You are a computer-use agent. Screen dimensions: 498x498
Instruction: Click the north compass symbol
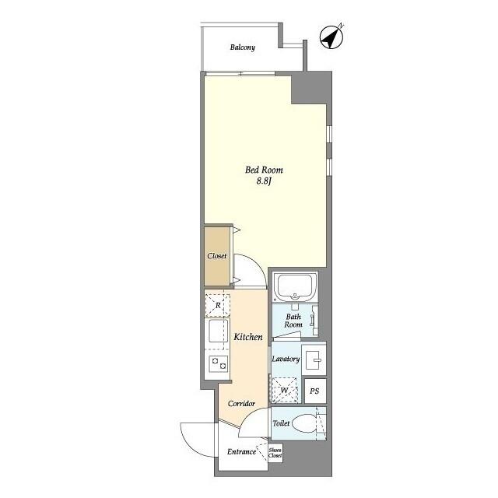tap(331, 37)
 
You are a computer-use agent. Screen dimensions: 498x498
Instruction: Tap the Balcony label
tap(243, 47)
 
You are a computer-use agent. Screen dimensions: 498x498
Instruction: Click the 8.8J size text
tap(265, 181)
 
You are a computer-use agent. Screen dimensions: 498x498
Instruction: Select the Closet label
tap(217, 256)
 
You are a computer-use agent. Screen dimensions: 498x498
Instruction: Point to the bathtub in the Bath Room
tap(295, 286)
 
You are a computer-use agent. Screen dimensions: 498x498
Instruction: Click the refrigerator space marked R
tap(218, 305)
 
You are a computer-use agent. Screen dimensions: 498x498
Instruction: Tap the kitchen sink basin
tap(218, 331)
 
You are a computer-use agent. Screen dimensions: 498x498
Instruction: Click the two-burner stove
tap(219, 363)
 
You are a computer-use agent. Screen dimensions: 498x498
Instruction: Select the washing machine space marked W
tap(285, 390)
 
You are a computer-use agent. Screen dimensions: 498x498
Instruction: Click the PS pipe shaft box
tap(314, 391)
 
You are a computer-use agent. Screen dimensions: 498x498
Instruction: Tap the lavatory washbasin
tap(314, 359)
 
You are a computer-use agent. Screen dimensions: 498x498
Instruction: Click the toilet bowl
tap(304, 423)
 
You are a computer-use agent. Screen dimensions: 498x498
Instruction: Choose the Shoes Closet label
tap(275, 453)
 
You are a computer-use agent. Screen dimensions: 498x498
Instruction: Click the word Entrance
tap(241, 451)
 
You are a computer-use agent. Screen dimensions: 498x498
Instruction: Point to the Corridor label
tap(242, 403)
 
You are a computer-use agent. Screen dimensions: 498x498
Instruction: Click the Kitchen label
tap(248, 337)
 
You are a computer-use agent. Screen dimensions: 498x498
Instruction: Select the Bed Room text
tap(264, 170)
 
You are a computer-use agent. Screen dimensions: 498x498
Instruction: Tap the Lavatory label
tap(286, 359)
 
